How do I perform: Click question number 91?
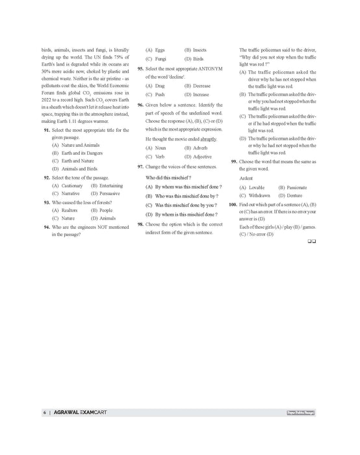46,131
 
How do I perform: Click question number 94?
46,227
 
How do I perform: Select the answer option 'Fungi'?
161,58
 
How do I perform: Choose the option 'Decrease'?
199,85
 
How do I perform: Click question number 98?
140,224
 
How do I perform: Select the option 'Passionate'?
292,187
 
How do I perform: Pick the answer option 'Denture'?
289,195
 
